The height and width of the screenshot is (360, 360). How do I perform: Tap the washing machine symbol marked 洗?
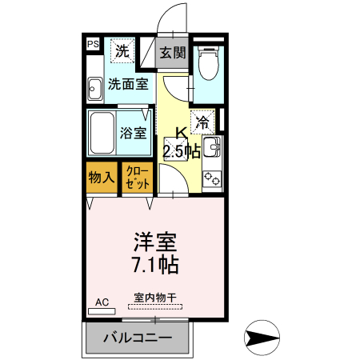(122, 51)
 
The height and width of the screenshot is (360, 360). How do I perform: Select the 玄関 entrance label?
(172, 53)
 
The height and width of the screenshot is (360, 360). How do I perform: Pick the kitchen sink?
(212, 146)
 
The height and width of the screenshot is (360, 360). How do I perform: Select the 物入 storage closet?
(101, 178)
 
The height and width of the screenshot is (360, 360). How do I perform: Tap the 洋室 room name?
(154, 241)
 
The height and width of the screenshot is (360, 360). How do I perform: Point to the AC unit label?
(102, 302)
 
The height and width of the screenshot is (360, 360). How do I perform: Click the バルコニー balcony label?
(138, 338)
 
